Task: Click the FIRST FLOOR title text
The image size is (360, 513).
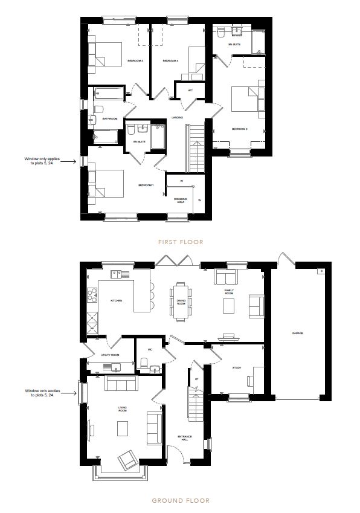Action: (181, 242)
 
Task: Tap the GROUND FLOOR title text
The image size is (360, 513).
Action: (180, 500)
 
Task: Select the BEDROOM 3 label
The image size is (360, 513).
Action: (134, 61)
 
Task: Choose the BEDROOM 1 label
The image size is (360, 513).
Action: (146, 185)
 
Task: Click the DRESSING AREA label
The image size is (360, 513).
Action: (181, 201)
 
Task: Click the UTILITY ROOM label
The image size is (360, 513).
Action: (110, 355)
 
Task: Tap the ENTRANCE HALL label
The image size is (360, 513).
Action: (185, 437)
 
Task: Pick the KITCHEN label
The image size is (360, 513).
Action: (116, 300)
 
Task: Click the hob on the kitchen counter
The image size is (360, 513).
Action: (92, 296)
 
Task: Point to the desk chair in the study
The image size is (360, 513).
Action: (251, 380)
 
